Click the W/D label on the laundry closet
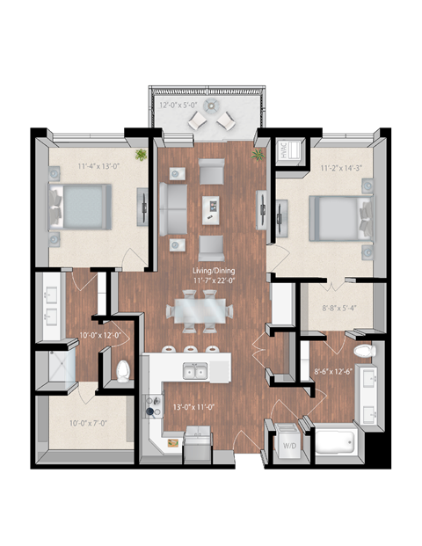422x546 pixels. point(287,444)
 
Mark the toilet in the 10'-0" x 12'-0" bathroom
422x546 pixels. point(123,370)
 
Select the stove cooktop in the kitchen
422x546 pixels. point(156,406)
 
